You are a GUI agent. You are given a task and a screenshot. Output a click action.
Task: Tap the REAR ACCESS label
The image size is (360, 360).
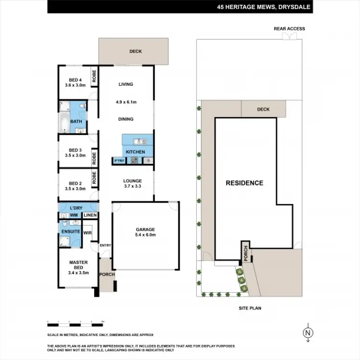coord(289,29)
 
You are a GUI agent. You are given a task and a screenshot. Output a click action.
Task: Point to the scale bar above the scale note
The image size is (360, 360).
coord(75,320)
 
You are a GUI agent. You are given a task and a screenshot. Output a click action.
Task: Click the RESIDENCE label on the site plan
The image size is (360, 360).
coord(245,183)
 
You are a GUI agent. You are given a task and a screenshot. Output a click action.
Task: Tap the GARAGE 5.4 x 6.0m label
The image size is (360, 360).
coord(145,232)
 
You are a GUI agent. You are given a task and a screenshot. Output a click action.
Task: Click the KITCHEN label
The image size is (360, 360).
coord(135,152)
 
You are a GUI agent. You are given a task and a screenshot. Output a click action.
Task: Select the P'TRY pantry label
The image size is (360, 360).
coord(118,160)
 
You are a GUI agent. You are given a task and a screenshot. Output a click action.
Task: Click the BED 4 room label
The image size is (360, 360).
coord(75,83)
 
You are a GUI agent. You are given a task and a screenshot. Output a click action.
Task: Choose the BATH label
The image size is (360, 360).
coord(76,121)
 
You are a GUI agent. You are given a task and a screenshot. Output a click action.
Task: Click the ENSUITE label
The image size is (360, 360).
coord(70,231)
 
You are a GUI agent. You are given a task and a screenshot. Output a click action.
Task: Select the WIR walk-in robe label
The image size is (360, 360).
coord(87,233)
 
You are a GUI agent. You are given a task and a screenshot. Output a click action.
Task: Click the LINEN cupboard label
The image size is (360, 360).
coord(90,216)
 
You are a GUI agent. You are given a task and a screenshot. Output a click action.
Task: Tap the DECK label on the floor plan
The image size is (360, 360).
coord(135,51)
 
